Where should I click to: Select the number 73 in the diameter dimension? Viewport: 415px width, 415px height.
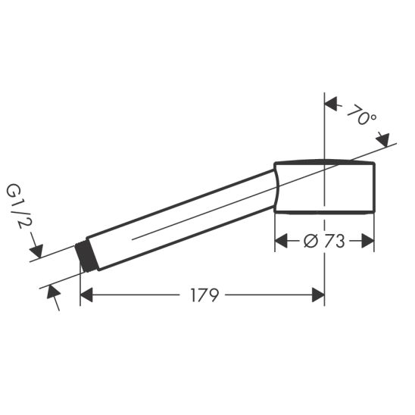pyautogui.click(x=332, y=242)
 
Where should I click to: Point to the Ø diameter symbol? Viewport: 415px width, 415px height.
pyautogui.click(x=310, y=242)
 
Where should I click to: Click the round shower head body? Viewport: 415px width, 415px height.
pyautogui.click(x=326, y=187)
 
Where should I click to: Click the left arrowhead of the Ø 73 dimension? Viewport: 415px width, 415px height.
pyautogui.click(x=280, y=242)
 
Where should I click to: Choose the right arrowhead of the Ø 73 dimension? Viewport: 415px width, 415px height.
pyautogui.click(x=369, y=242)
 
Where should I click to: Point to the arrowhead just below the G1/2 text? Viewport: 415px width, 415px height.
pyautogui.click(x=37, y=251)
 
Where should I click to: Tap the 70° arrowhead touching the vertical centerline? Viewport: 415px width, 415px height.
pyautogui.click(x=331, y=106)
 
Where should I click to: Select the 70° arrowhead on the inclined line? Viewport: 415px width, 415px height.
pyautogui.click(x=383, y=139)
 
